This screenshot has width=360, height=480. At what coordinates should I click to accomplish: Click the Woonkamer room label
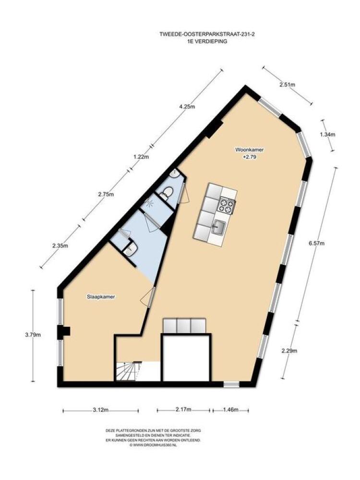(x=249, y=150)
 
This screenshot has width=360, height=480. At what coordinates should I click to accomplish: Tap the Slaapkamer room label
(x=101, y=297)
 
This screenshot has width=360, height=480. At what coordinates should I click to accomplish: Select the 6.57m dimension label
(x=316, y=243)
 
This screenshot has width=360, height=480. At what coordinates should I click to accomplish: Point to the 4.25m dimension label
(x=187, y=107)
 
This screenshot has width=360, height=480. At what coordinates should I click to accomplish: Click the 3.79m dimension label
(x=33, y=335)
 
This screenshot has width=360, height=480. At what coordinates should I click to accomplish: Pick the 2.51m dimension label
(x=288, y=85)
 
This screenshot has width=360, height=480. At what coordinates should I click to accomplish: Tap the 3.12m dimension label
(x=101, y=410)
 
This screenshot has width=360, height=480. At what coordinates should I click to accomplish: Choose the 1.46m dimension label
(x=230, y=410)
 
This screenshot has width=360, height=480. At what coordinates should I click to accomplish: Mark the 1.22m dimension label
(x=141, y=157)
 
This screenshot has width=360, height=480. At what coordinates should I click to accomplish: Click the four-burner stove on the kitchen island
(x=227, y=205)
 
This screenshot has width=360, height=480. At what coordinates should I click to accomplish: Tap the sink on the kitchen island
(x=219, y=228)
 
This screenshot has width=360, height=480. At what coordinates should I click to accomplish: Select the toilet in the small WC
(x=167, y=193)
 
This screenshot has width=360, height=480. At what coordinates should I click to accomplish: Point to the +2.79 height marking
(x=250, y=157)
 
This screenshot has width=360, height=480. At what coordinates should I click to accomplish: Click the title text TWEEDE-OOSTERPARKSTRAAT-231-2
(x=207, y=35)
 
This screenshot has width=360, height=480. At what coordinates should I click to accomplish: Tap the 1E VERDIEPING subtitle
(x=207, y=41)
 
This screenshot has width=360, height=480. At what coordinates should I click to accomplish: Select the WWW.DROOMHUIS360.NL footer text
(x=153, y=445)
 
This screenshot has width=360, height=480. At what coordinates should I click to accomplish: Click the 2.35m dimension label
(x=60, y=245)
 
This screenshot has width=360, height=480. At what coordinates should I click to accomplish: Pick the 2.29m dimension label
(x=289, y=351)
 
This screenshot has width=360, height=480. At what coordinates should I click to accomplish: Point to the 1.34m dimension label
(x=327, y=134)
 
